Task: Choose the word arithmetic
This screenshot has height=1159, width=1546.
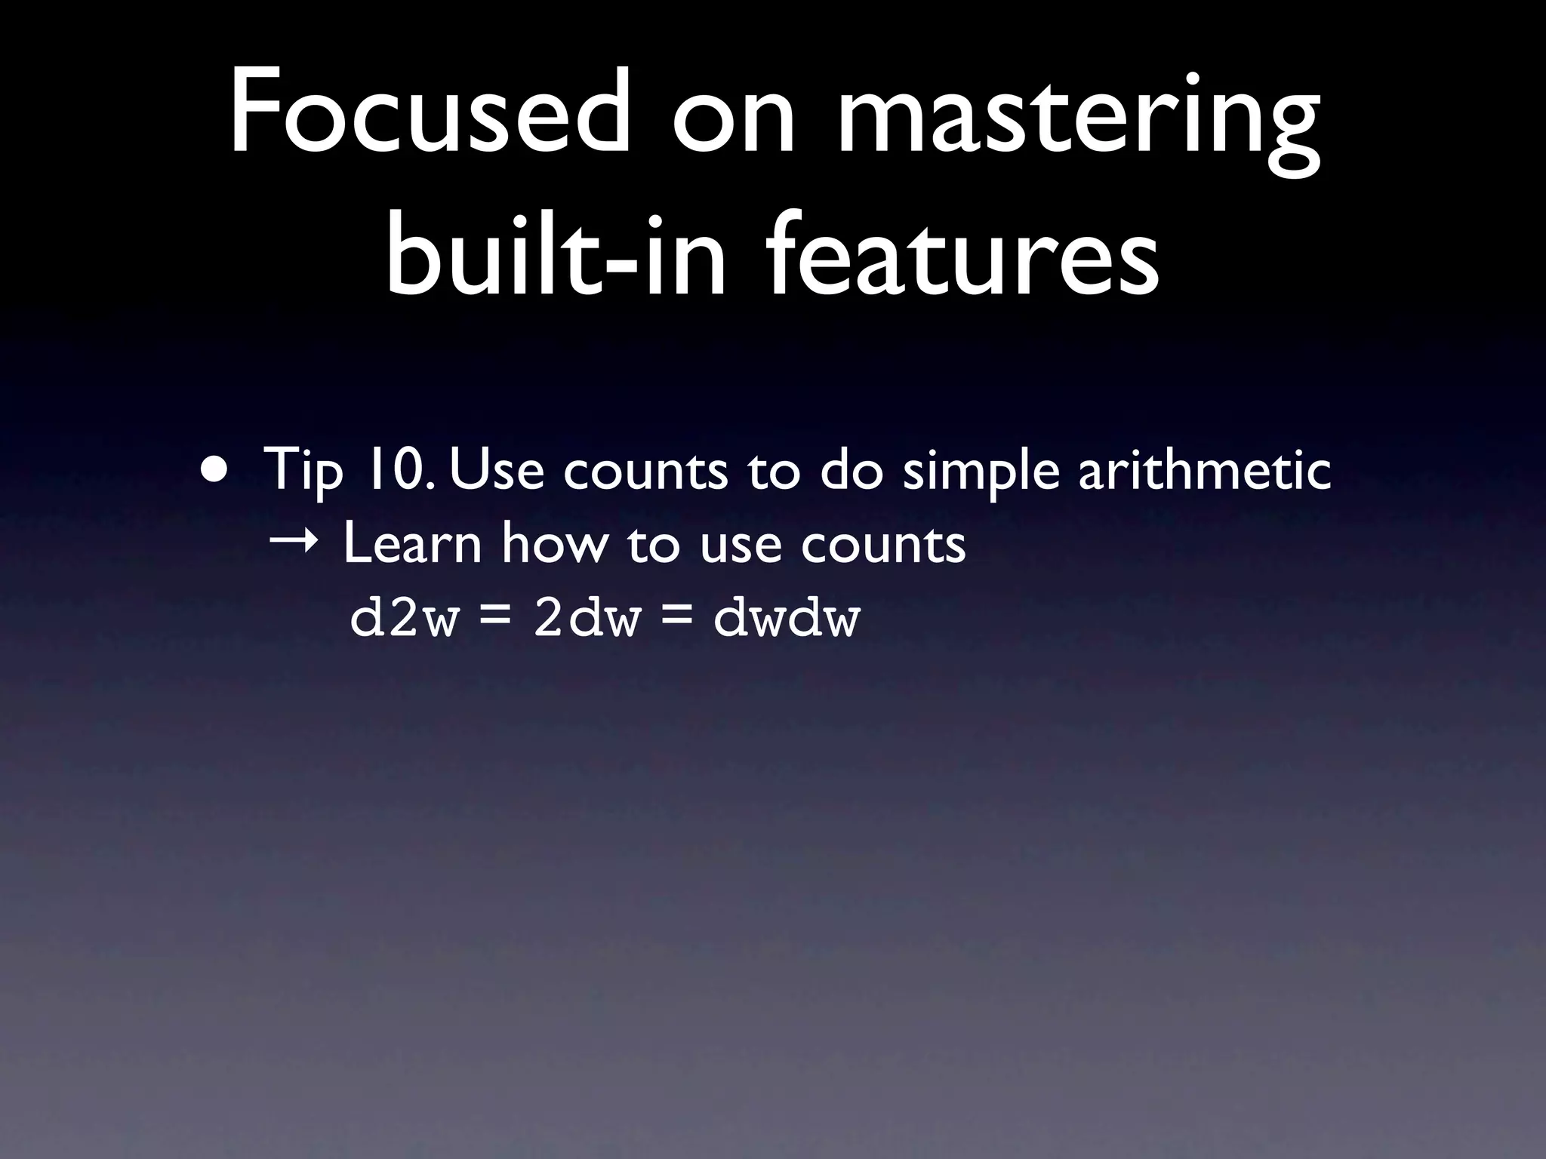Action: (1204, 469)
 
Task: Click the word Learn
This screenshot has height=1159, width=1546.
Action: (412, 543)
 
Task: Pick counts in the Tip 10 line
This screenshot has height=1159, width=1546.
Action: (646, 470)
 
